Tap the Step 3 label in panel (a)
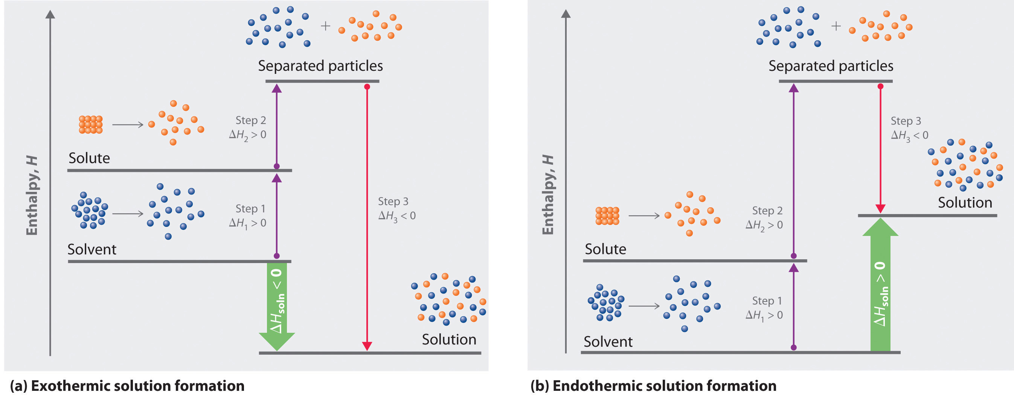[393, 201]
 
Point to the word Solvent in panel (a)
[92, 249]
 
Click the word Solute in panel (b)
[605, 249]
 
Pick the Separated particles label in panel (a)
[320, 66]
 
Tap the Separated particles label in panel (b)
[831, 66]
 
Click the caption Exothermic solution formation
[127, 386]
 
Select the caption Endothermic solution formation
[653, 386]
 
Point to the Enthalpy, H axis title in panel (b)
[547, 195]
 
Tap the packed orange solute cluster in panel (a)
[90, 124]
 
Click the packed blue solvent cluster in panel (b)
[606, 303]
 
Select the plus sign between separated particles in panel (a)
[325, 26]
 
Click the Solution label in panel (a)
[449, 340]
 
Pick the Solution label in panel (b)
[965, 202]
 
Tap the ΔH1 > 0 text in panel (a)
[248, 223]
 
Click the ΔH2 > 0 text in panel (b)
[764, 225]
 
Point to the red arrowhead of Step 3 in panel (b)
[880, 208]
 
